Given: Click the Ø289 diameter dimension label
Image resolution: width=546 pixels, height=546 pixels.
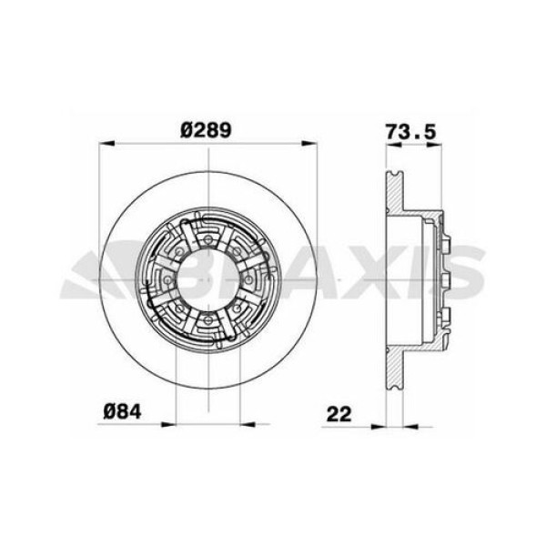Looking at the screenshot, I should [207, 130].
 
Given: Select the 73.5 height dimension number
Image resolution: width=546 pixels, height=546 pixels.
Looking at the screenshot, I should [407, 130].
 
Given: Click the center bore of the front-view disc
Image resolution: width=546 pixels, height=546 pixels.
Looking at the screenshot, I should [207, 278].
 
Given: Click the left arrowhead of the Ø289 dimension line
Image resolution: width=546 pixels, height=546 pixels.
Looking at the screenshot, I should [104, 143].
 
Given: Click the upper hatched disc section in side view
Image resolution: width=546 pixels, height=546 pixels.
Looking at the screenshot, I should [394, 191].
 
